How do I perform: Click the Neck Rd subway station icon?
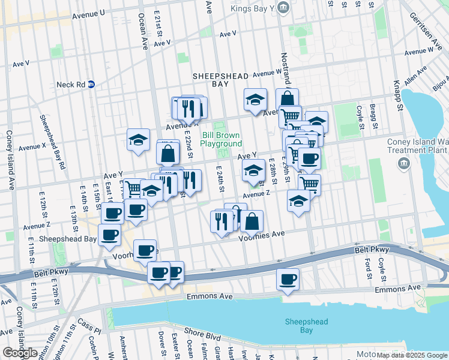[x=91, y=85]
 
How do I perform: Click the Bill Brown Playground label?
[x=221, y=139]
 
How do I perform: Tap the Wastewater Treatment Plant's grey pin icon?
[x=403, y=163]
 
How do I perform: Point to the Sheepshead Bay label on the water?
[x=306, y=326]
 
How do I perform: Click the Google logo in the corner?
[x=20, y=353]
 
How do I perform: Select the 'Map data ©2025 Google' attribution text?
[x=412, y=355]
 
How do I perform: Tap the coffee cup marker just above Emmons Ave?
[x=288, y=279]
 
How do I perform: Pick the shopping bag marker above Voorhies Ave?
[x=252, y=221]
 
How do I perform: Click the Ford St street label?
[x=367, y=265]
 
